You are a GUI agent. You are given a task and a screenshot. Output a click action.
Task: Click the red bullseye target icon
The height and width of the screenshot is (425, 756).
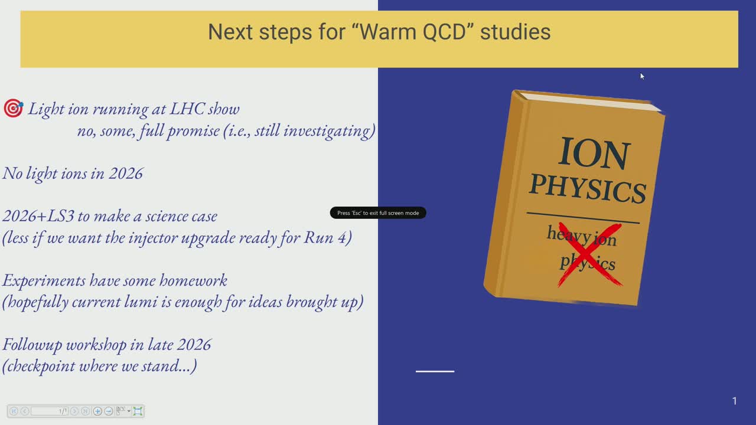click(x=14, y=108)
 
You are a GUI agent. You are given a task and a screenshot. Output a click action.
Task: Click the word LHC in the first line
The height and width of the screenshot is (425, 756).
click(x=187, y=109)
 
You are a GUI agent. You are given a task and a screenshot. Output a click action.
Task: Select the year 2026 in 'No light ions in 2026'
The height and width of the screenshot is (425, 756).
click(x=126, y=174)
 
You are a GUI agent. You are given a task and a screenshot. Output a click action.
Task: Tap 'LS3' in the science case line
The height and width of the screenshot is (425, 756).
click(x=60, y=216)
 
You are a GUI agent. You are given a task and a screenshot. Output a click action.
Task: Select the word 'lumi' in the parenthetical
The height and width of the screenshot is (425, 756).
click(x=141, y=302)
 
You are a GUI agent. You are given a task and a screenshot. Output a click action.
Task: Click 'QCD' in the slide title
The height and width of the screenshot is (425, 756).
click(x=444, y=32)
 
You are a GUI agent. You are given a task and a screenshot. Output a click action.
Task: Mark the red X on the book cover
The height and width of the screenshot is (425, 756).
click(x=589, y=254)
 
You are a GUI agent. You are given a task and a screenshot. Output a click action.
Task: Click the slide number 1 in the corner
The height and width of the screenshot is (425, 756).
click(x=734, y=401)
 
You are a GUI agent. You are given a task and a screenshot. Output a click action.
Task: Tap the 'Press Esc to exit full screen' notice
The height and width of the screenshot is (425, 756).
click(x=378, y=213)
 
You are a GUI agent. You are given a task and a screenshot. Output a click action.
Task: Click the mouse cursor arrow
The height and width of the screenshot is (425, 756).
click(x=642, y=77)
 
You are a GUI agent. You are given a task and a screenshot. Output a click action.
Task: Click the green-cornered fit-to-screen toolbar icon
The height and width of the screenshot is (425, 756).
click(x=138, y=411)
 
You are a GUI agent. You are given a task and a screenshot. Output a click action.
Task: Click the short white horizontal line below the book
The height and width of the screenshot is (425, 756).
click(x=435, y=371)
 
